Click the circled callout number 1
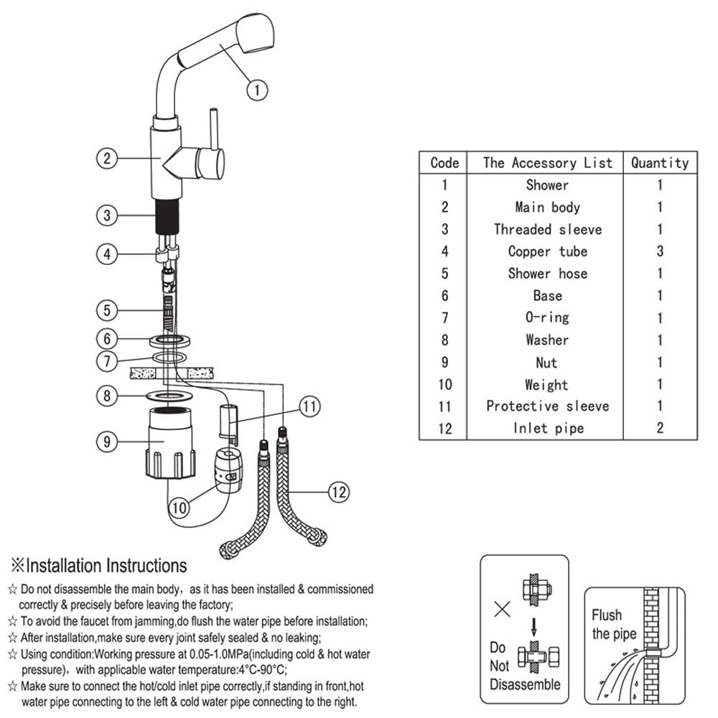coord(257,90)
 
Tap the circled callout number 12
coord(339,492)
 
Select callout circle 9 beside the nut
coord(106,442)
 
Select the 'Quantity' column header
coord(660,162)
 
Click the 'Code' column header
coord(444,162)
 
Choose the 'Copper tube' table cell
coord(547,251)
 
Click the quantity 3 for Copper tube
coord(660,251)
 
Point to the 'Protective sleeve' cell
coord(547,406)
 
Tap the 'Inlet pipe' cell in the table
coord(547,429)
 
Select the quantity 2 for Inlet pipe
coord(660,429)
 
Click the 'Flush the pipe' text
coord(613,625)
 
